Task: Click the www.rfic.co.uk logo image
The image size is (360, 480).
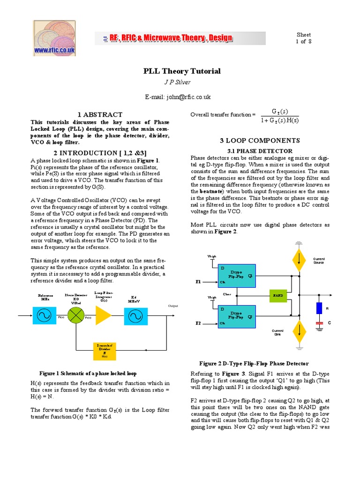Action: pos(54,38)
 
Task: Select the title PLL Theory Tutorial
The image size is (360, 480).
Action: pos(181,71)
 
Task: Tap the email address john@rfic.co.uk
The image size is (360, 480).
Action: pos(178,97)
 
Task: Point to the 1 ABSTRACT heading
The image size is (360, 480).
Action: pos(100,114)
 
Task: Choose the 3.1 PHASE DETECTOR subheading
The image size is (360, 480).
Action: pos(260,151)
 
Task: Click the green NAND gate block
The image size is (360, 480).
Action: pos(277,295)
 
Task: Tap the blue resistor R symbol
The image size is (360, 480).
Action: pos(319,308)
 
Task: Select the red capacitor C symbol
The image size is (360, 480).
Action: pos(319,323)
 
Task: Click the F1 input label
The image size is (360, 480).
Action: pos(198,282)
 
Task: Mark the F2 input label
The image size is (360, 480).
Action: pos(198,323)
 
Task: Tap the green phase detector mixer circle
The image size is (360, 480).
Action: pos(75,315)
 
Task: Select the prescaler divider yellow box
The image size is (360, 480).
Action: pos(104,350)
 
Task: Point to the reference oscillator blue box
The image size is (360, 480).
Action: pos(45,315)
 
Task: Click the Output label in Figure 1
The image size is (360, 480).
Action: pos(173,306)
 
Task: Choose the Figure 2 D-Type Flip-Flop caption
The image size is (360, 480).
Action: pos(254,363)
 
